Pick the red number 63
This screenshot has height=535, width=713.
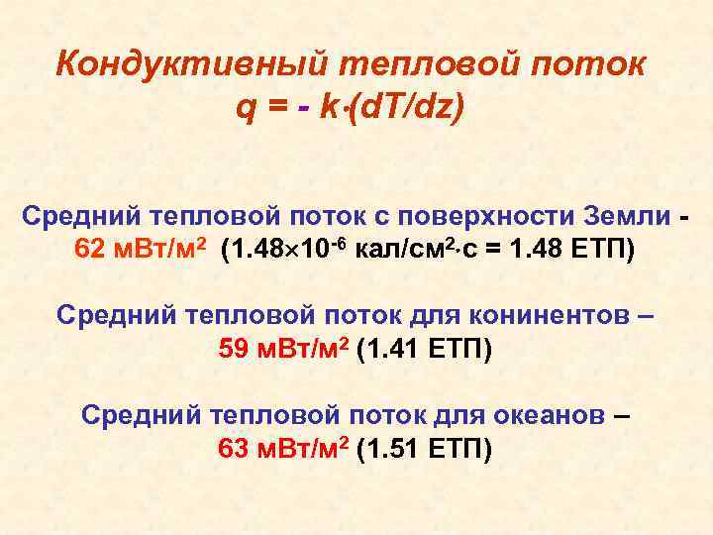point(235,449)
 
